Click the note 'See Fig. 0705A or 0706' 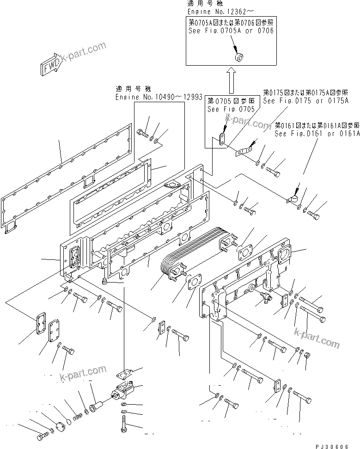pyautogui.click(x=231, y=31)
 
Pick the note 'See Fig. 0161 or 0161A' pyautogui.click(x=317, y=134)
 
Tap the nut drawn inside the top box pyautogui.click(x=239, y=58)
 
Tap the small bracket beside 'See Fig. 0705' pyautogui.click(x=221, y=139)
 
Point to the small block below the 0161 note pyautogui.click(x=291, y=199)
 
